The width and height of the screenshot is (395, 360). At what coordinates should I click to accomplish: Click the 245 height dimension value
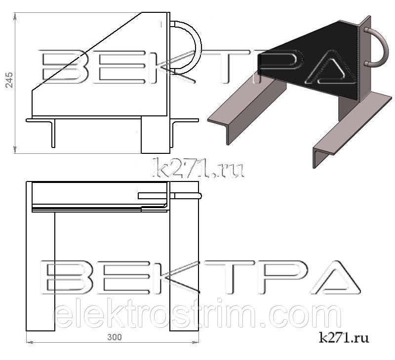[9, 80]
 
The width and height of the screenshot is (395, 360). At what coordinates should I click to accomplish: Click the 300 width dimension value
[115, 337]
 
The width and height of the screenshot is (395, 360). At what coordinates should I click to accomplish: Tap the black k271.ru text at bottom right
[344, 337]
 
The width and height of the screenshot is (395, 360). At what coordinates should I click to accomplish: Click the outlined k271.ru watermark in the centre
[198, 168]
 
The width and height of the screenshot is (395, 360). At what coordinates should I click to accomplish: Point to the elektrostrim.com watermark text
[197, 314]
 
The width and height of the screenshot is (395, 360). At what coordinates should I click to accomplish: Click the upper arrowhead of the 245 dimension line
[15, 16]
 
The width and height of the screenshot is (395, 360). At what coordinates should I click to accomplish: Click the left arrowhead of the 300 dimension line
[30, 342]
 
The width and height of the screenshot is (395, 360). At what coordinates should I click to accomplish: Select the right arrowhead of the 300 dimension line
[196, 342]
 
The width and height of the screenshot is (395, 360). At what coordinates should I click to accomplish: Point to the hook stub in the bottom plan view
[169, 196]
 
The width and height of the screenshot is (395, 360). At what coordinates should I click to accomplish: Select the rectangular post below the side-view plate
[156, 135]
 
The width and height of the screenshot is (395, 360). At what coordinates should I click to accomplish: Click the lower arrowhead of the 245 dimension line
[15, 150]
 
